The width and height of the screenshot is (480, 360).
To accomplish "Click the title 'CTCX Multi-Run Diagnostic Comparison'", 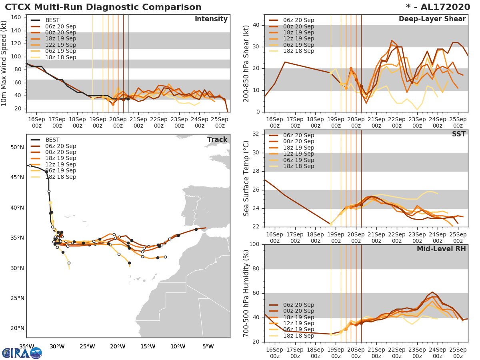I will (x=103, y=7).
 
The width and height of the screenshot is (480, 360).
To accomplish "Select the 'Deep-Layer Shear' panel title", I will (x=432, y=19).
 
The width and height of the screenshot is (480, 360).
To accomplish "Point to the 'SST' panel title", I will (x=459, y=134).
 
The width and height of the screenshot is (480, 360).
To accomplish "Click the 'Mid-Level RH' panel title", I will (x=441, y=249).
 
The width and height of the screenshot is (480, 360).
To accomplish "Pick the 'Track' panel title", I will (x=217, y=140).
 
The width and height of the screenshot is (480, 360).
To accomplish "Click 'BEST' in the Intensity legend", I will (x=52, y=20).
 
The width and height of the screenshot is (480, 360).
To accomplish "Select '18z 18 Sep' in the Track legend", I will (x=60, y=177).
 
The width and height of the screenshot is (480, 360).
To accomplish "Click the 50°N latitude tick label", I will (x=17, y=147).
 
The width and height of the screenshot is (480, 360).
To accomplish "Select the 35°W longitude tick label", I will (x=26, y=346).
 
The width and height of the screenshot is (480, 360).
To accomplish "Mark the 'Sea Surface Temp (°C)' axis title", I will (x=247, y=178).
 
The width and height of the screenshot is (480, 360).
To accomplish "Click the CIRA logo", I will (x=22, y=353).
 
